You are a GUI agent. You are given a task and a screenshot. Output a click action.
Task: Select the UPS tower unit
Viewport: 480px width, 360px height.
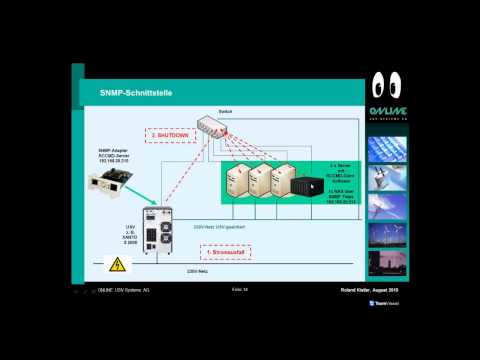click(160, 230)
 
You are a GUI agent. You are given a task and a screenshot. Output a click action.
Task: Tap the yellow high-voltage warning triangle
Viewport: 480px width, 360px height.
click(116, 265)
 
